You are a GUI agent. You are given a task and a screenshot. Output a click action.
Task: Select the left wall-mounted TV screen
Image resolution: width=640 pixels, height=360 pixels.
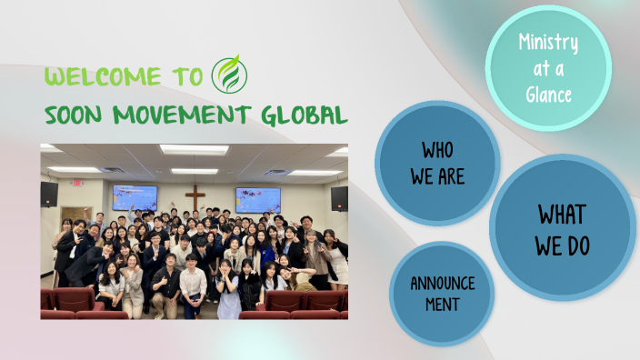coord(135,197)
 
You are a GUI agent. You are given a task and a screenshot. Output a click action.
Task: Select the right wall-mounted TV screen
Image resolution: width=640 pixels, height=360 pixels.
coord(258,199)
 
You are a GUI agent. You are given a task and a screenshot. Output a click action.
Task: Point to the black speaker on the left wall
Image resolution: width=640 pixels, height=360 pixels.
coord(49,194)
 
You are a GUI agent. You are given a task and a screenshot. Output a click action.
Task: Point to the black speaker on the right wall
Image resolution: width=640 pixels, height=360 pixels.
coord(338,197)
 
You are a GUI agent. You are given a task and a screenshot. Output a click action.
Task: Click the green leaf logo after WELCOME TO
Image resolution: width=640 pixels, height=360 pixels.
coord(227,75)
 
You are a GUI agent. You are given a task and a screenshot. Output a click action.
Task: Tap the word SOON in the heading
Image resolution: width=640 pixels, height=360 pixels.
coord(75,115)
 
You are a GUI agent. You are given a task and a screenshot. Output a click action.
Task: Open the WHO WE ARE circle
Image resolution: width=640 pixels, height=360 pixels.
coord(436,163)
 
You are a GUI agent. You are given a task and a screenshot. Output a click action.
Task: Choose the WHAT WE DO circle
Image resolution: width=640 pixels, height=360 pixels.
coord(562,229)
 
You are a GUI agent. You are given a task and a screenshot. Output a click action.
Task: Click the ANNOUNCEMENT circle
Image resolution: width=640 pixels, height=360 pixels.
coord(442,293)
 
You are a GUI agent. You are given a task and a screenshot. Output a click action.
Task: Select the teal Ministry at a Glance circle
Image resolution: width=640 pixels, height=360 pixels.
coord(547,67)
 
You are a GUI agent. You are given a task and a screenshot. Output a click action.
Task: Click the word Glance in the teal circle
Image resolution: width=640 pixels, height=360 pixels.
coord(547,94)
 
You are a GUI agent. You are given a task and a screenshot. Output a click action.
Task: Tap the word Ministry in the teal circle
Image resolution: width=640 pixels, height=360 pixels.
coord(547,42)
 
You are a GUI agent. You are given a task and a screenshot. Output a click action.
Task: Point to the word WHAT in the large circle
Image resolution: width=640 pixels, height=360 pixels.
coord(562,214)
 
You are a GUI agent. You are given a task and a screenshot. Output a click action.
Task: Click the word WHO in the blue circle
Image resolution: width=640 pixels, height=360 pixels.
coord(436,150)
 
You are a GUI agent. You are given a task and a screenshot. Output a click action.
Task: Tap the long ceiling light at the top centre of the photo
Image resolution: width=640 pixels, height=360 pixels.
coord(194,149)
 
